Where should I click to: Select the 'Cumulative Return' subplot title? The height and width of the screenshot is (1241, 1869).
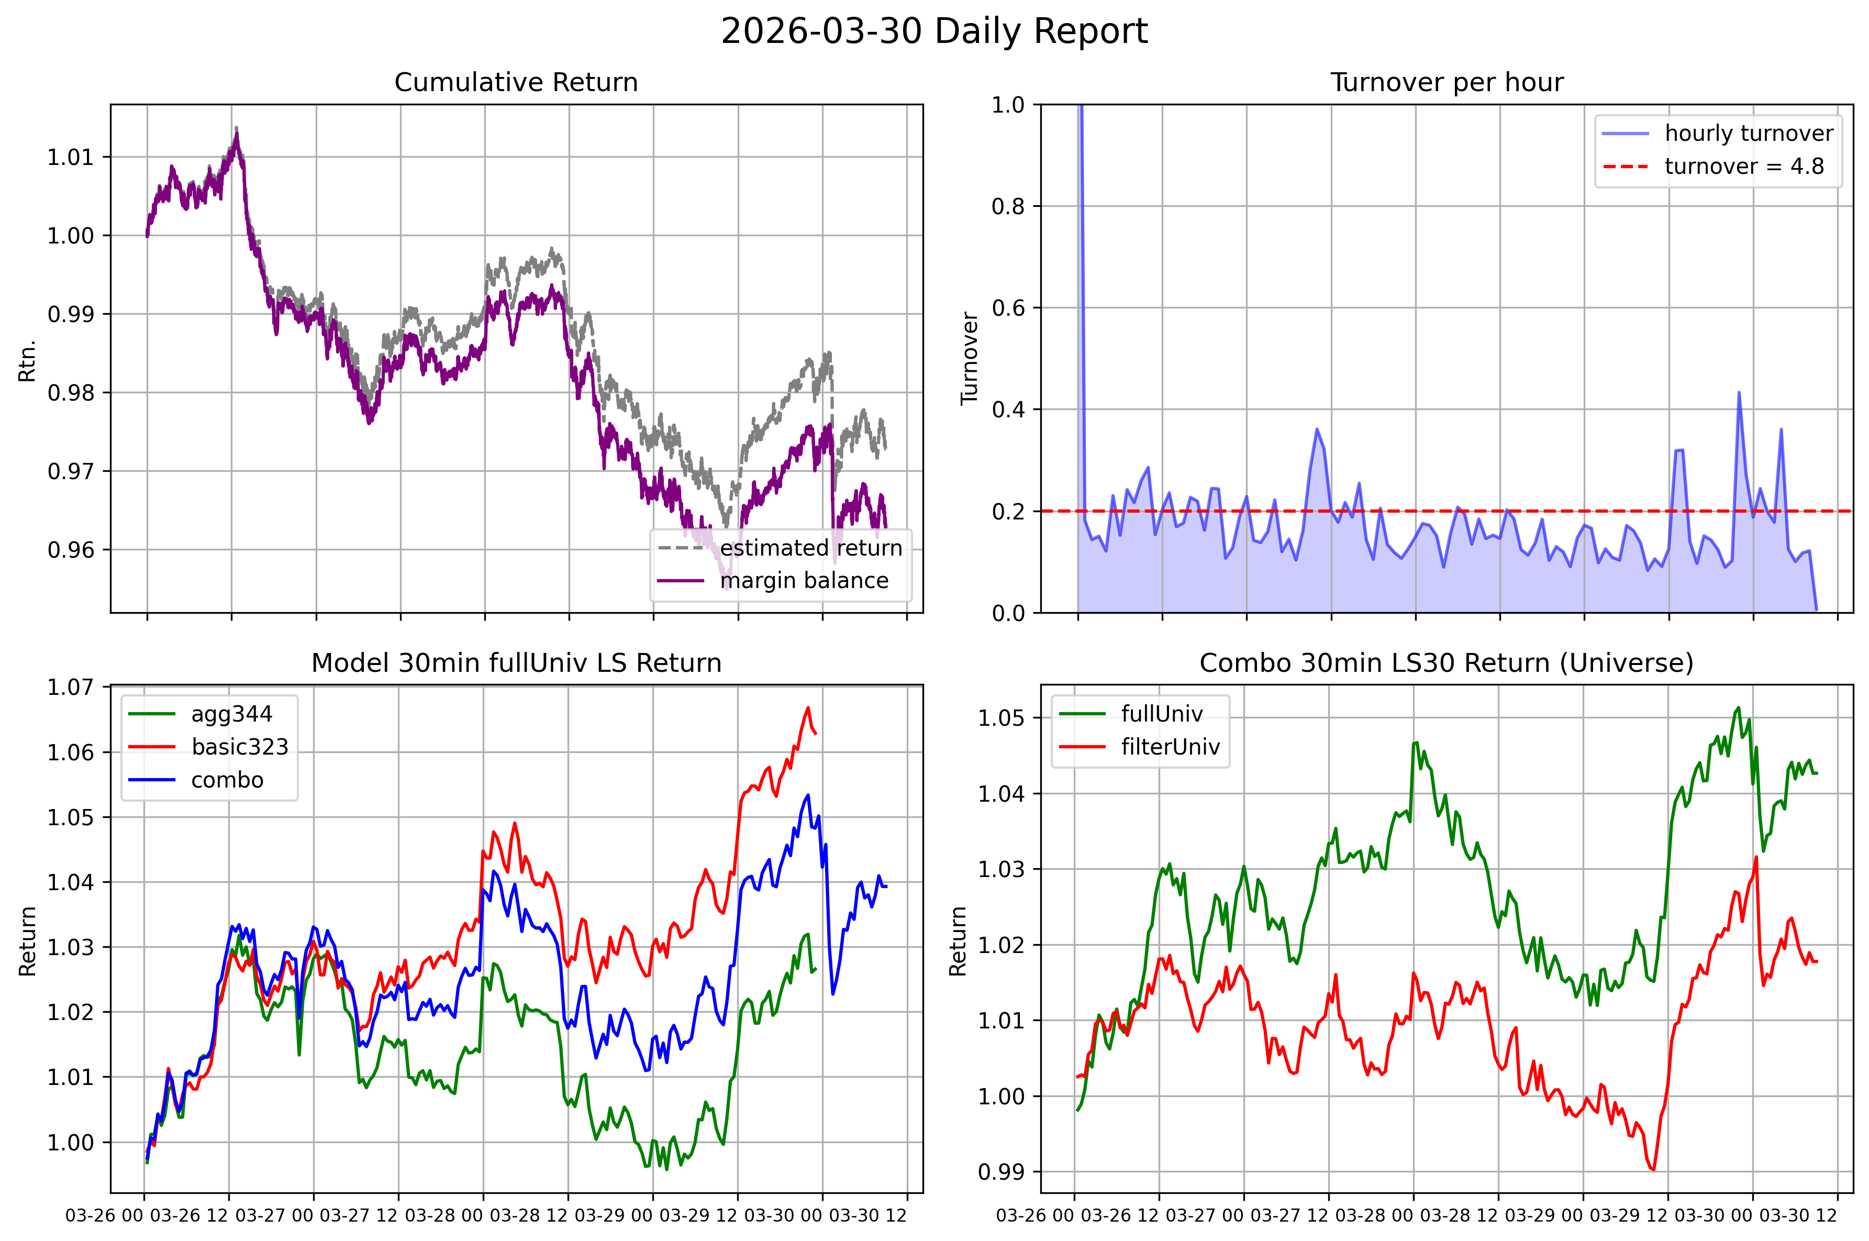516,82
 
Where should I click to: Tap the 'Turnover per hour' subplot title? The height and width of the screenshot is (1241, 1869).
1447,82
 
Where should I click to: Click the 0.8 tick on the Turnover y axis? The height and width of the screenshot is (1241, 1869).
1009,206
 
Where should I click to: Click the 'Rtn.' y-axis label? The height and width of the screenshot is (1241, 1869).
28,361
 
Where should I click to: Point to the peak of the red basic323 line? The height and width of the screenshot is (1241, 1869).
808,707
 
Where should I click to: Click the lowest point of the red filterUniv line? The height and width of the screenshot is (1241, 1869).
1653,1169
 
